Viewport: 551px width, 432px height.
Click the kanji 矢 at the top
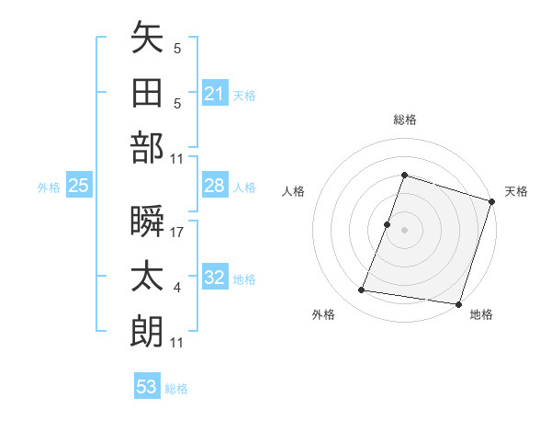point(147,40)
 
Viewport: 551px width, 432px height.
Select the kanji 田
point(147,94)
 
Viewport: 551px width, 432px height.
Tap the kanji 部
point(147,147)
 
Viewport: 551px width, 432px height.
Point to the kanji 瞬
point(147,221)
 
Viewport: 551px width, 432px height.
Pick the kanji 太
point(147,276)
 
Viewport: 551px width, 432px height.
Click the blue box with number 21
point(215,93)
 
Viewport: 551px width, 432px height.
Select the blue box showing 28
point(215,186)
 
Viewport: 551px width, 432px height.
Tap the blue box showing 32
point(215,278)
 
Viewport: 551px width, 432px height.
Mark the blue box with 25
point(78,186)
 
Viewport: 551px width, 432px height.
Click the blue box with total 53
point(147,386)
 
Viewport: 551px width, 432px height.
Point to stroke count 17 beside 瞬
point(177,233)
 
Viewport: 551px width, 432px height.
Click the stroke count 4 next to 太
point(176,289)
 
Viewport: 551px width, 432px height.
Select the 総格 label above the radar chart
point(404,119)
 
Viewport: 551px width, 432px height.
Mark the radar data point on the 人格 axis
point(388,224)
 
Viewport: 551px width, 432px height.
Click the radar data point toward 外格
point(362,290)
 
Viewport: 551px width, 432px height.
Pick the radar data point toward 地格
point(456,303)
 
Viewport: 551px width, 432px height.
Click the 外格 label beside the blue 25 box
point(49,188)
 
